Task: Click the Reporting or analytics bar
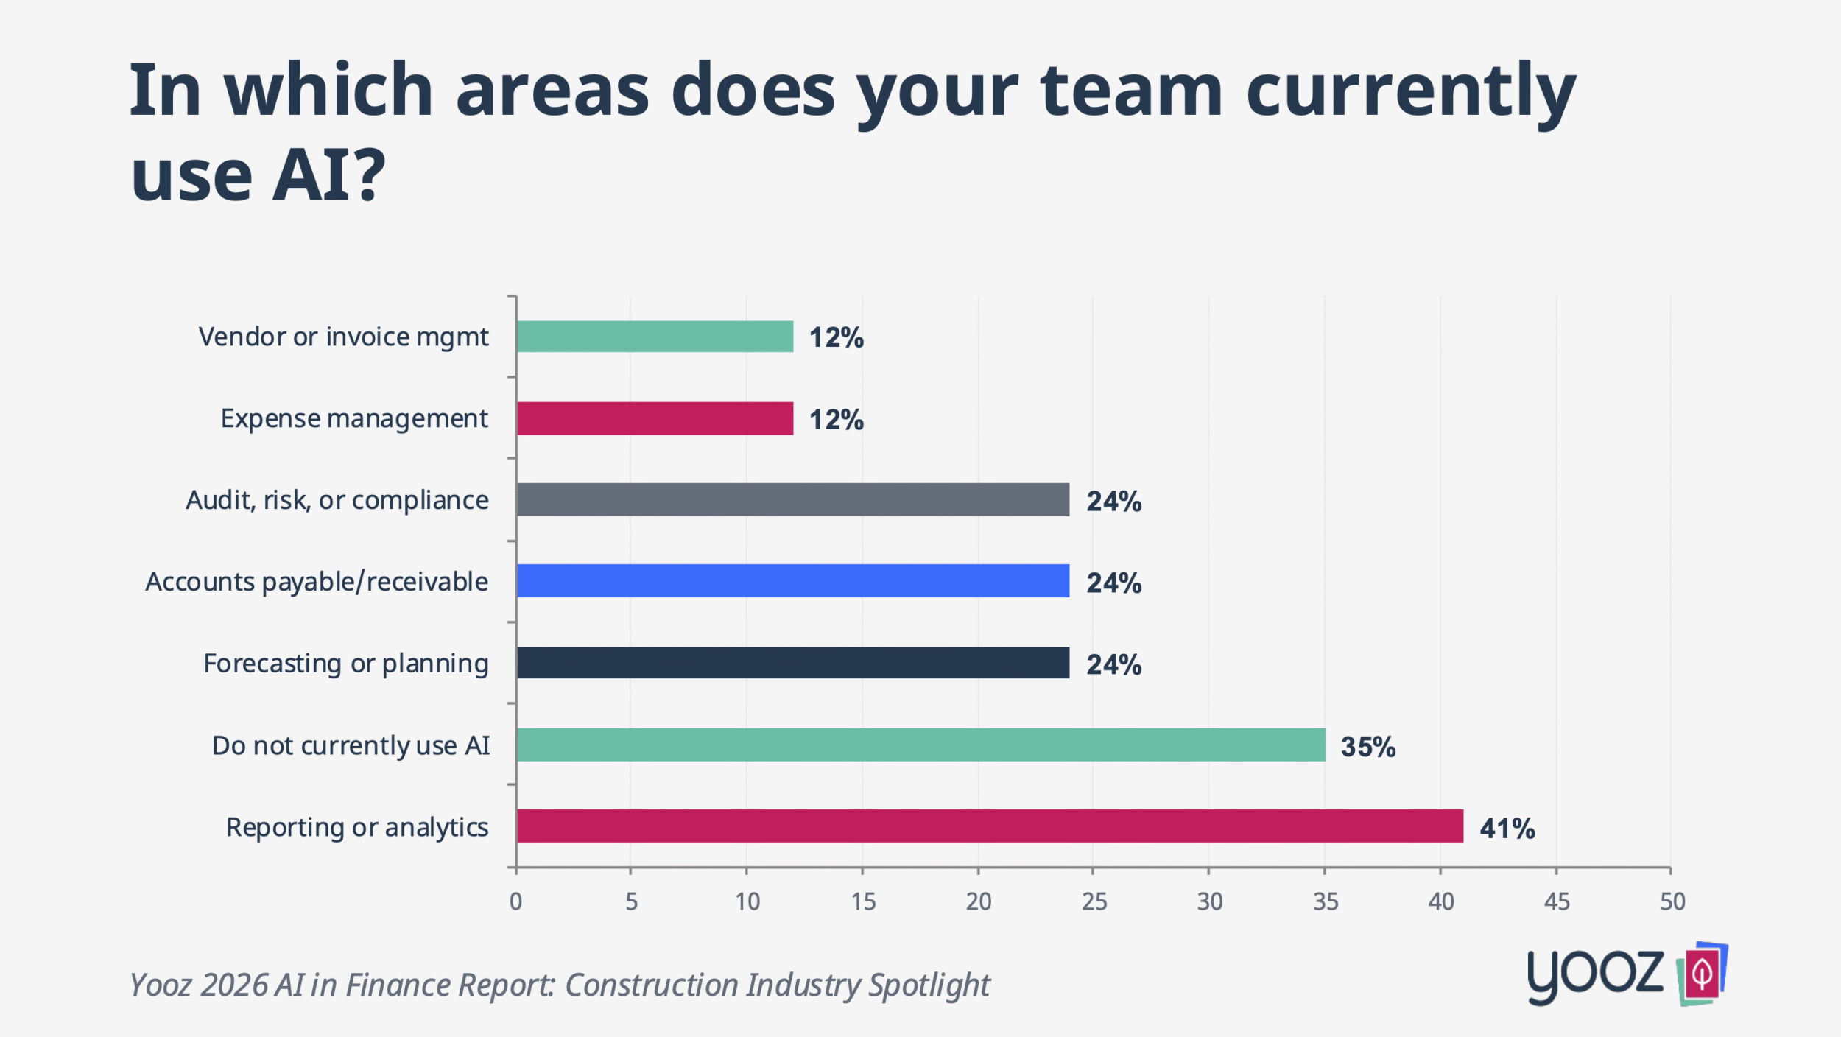pos(990,826)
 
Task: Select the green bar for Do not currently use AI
pos(921,745)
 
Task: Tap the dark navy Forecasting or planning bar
pos(792,663)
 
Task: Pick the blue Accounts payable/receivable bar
pos(792,581)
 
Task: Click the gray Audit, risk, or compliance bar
pos(792,499)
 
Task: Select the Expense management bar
pos(655,418)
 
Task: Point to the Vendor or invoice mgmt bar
pos(655,337)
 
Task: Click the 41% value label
pos(1507,829)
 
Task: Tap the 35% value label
pos(1367,747)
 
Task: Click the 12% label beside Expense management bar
pos(836,420)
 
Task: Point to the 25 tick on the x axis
pos(1094,901)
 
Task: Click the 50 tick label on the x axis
pos(1672,901)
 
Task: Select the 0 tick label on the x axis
pos(515,901)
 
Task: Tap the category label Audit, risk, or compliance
pos(337,500)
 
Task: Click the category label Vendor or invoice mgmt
pos(343,337)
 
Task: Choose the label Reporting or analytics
pos(357,827)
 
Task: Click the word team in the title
pos(1131,91)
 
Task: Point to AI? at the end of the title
pos(328,175)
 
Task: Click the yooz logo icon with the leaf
pos(1701,974)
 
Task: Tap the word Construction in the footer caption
pos(650,985)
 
